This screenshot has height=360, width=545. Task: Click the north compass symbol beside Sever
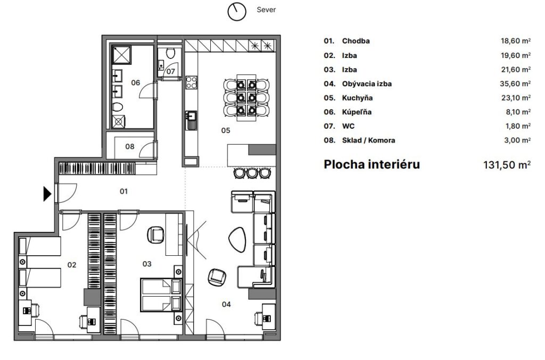click(x=236, y=11)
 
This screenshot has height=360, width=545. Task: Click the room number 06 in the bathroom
click(x=135, y=82)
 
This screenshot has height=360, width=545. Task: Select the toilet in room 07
click(x=170, y=53)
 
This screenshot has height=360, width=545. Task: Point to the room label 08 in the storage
click(x=130, y=146)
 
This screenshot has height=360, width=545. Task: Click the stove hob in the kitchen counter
click(x=191, y=83)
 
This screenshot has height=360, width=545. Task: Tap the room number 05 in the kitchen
click(x=226, y=129)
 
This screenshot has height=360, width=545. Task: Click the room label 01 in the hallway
click(x=123, y=190)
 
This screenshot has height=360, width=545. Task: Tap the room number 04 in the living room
click(x=226, y=304)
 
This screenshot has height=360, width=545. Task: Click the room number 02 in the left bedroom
click(x=72, y=264)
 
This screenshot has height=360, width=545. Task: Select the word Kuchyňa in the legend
click(x=357, y=98)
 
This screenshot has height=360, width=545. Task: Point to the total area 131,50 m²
click(x=505, y=165)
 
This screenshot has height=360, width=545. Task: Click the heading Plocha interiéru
click(x=371, y=164)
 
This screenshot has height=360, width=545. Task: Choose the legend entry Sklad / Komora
click(x=368, y=140)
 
